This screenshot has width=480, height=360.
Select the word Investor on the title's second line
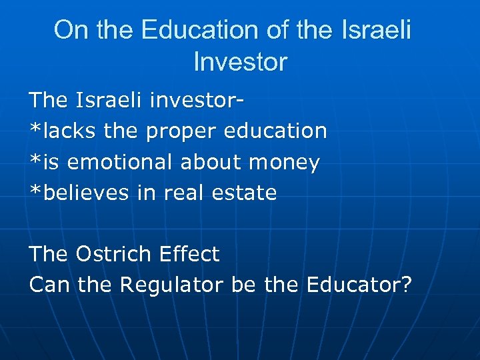coord(240,62)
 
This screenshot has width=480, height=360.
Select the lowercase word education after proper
coord(275,131)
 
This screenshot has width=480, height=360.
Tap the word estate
coord(246,193)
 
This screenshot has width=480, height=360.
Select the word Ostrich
coord(114,254)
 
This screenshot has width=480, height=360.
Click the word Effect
coord(189,254)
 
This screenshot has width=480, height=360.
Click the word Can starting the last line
coord(50,285)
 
